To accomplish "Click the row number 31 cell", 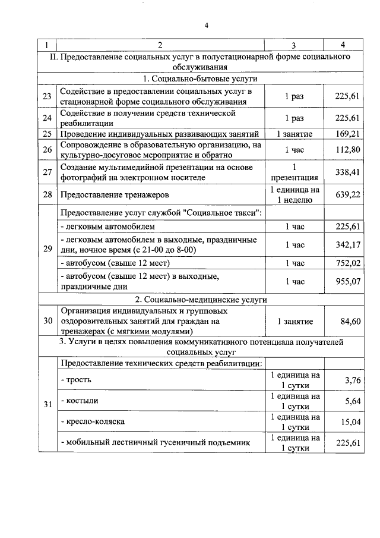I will pyautogui.click(x=47, y=405).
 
